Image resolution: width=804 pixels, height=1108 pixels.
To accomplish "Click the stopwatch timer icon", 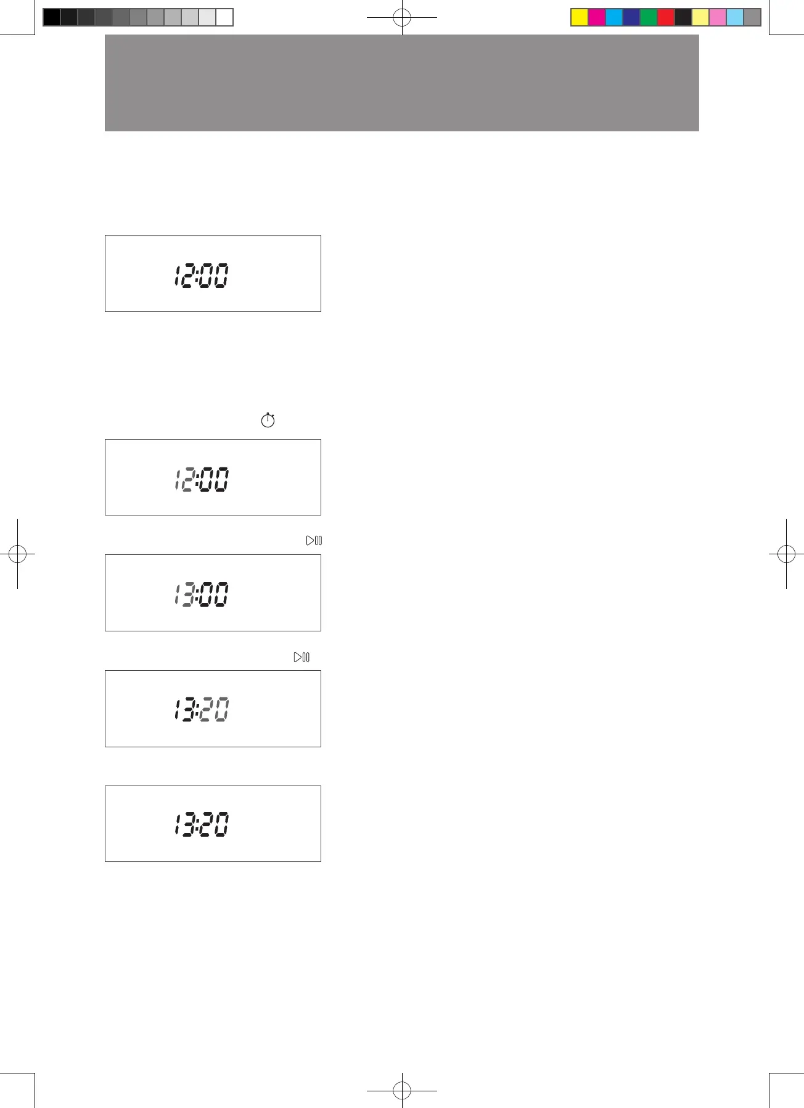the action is [268, 421].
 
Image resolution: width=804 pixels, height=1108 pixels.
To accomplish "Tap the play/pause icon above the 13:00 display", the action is [314, 541].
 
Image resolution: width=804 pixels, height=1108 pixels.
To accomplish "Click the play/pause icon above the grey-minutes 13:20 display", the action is [301, 657].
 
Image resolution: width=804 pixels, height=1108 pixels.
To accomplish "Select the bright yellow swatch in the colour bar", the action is [580, 17].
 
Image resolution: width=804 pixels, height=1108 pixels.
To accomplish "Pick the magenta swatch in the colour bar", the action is [597, 17].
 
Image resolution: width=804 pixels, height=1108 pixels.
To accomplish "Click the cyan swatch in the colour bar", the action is [614, 17].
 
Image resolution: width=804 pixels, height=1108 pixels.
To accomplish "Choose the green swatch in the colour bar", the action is [649, 17].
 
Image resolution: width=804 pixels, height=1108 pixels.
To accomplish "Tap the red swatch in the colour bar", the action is [666, 17].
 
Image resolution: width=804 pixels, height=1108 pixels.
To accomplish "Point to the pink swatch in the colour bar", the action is [718, 17].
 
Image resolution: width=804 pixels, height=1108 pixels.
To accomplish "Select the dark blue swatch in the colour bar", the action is [631, 17].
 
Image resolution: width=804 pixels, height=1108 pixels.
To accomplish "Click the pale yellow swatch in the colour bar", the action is [700, 17].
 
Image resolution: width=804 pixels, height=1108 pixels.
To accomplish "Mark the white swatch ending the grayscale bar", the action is [225, 17].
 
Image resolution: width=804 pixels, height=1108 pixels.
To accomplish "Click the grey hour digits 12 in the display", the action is [184, 480].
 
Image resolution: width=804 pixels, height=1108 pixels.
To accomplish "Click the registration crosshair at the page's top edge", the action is [402, 18].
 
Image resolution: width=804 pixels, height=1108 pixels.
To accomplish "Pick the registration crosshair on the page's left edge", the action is [17, 554].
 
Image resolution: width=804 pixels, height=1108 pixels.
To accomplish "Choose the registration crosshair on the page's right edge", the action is [786, 554].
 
